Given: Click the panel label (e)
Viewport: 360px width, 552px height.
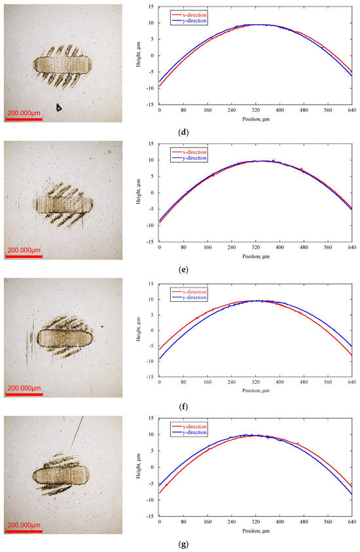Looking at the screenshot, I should pyautogui.click(x=183, y=270).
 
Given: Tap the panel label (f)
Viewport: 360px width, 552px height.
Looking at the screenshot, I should pyautogui.click(x=183, y=407).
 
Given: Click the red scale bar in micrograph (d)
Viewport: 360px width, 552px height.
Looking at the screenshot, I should pyautogui.click(x=24, y=119).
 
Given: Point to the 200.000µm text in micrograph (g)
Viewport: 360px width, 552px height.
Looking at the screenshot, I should pyautogui.click(x=25, y=524).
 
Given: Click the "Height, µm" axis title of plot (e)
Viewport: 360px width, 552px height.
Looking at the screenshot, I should pyautogui.click(x=139, y=193).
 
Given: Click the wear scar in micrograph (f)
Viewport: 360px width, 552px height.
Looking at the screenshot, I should pyautogui.click(x=63, y=338).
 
